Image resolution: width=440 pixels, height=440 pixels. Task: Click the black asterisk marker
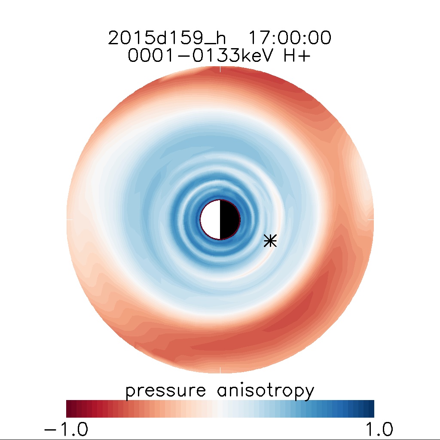270,241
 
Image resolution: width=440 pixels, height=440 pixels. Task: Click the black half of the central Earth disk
229,220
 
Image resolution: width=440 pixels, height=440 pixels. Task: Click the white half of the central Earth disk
211,220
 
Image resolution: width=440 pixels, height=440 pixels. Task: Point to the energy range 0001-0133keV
202,56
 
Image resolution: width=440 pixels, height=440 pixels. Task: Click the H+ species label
296,56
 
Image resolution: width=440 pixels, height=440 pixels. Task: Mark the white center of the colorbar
220,409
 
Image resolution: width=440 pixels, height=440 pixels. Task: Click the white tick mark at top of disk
220,69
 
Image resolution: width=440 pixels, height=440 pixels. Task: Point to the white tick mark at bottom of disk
220,370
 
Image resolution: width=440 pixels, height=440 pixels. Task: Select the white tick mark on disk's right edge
371,220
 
